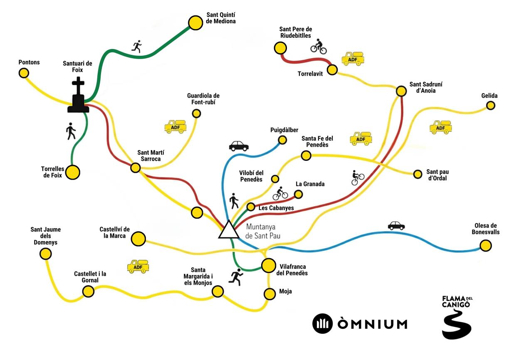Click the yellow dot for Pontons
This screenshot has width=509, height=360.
[24, 73]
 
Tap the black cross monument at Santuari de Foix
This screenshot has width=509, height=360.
[78, 95]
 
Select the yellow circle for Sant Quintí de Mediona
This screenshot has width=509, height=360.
[195, 23]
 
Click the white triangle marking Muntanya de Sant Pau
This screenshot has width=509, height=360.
[229, 230]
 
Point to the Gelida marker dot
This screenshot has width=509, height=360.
[491, 106]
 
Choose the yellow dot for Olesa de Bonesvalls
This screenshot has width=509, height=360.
[486, 246]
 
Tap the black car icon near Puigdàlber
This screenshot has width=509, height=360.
[239, 146]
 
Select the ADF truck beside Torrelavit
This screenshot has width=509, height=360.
[353, 59]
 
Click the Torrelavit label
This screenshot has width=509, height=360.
[310, 74]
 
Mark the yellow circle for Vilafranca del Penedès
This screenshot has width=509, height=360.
[269, 265]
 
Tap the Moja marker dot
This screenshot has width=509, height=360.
[270, 294]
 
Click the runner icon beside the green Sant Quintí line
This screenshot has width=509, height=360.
[137, 47]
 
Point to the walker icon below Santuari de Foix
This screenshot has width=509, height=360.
[71, 131]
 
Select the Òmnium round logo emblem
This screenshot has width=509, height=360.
[322, 324]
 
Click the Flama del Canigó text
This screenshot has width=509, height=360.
[457, 302]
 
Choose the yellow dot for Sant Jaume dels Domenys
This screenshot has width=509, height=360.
[45, 254]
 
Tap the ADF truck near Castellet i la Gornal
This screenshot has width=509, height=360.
[138, 266]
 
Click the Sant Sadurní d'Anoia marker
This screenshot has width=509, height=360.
[401, 91]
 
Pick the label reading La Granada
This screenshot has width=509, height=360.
[310, 184]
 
